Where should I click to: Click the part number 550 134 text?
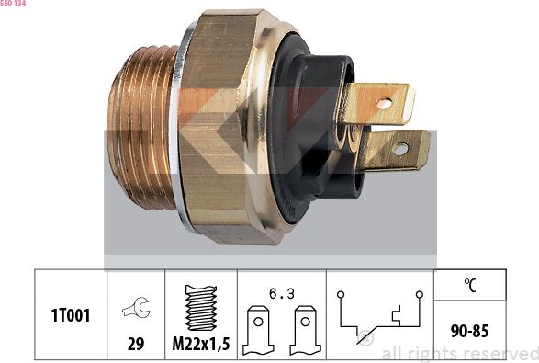[x=13, y=3]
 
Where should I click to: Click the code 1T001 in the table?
[x=71, y=315]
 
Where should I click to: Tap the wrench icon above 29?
[x=136, y=307]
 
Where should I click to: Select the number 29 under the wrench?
[x=136, y=344]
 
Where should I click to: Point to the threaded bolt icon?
[x=201, y=308]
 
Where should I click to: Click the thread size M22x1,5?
[x=201, y=344]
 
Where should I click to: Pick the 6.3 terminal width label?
[x=282, y=293]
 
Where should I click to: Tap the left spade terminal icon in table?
[x=258, y=330]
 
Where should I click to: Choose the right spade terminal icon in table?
[x=305, y=330]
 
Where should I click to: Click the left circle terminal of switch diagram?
[x=341, y=294]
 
